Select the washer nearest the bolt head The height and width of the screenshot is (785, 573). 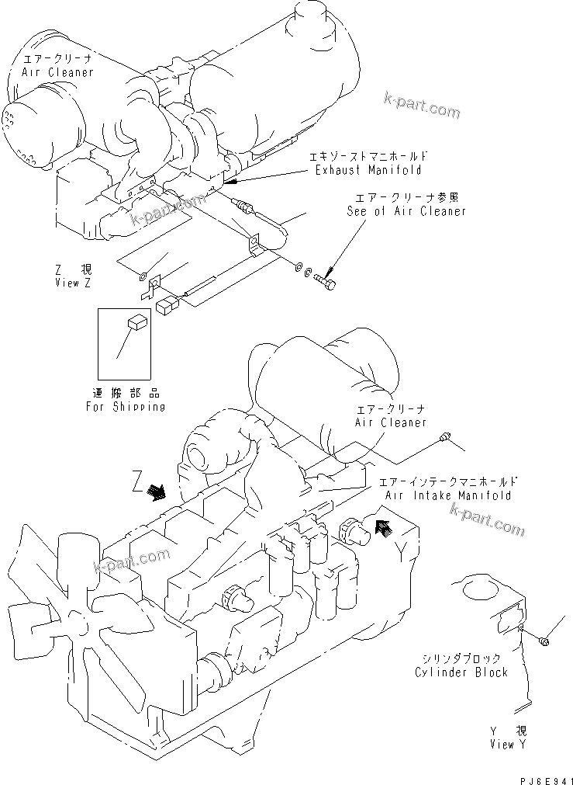[x=309, y=273]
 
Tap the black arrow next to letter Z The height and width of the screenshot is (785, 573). [x=157, y=491]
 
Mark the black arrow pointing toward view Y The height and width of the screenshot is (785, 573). [x=381, y=529]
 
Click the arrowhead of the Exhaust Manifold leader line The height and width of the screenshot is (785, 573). [x=226, y=183]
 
